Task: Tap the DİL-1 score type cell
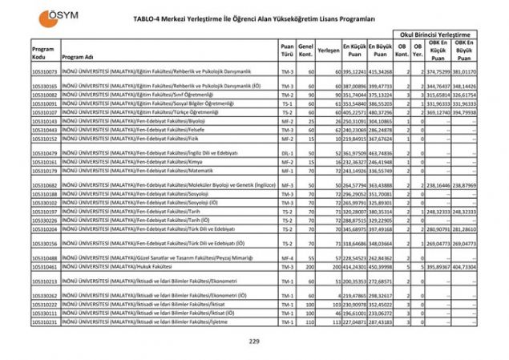287,152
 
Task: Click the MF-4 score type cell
287,257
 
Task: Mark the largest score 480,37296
381,112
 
